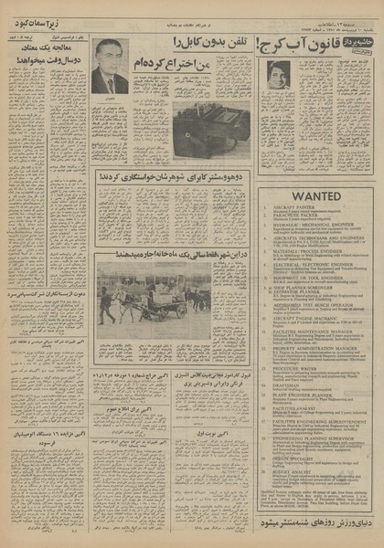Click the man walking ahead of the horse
coord(106,304)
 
